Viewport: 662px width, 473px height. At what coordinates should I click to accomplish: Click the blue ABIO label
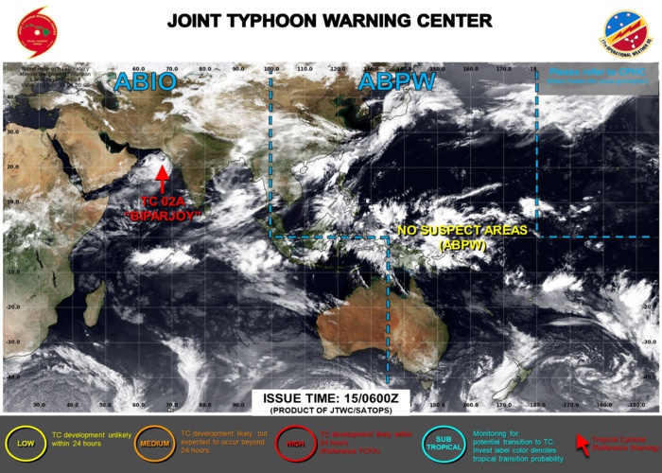145,82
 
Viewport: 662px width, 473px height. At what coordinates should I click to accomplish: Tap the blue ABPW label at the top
397,82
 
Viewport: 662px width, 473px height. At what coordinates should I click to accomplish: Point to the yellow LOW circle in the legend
22,441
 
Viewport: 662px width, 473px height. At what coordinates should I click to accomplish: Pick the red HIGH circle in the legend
294,441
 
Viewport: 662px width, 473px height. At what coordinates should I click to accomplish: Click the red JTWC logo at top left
36,31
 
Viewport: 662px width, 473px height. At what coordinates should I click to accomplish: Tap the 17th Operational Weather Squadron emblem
627,32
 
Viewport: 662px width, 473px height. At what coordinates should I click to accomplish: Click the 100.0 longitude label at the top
272,69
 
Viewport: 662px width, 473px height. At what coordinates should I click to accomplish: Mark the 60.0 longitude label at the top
138,69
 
